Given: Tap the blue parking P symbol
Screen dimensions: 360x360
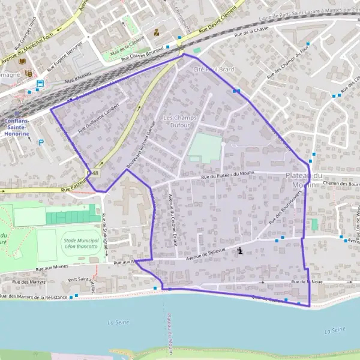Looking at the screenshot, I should tap(41, 143).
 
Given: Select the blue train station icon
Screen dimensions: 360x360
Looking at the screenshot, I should tap(40, 85).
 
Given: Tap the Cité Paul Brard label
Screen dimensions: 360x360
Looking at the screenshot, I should tap(213, 70).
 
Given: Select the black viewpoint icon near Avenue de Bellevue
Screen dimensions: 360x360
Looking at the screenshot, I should tap(241, 251).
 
